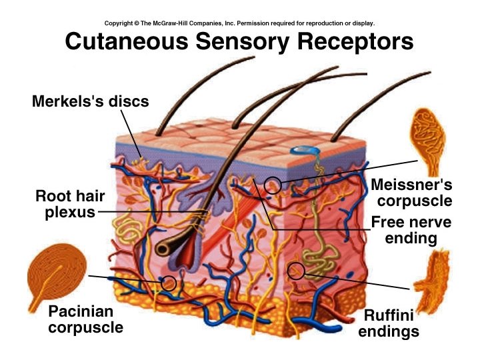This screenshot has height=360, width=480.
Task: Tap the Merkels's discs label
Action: coord(91,101)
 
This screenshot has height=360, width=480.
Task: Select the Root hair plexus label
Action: coord(65,204)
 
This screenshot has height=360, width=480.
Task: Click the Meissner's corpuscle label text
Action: coord(411,191)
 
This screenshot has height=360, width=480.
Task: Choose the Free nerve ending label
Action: coord(411,230)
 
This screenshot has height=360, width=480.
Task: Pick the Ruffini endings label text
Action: coord(389,323)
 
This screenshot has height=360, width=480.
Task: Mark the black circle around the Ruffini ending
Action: coord(296,270)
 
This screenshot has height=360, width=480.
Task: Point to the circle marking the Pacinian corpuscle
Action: coord(169,283)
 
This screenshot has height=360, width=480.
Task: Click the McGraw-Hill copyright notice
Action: coord(240,23)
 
